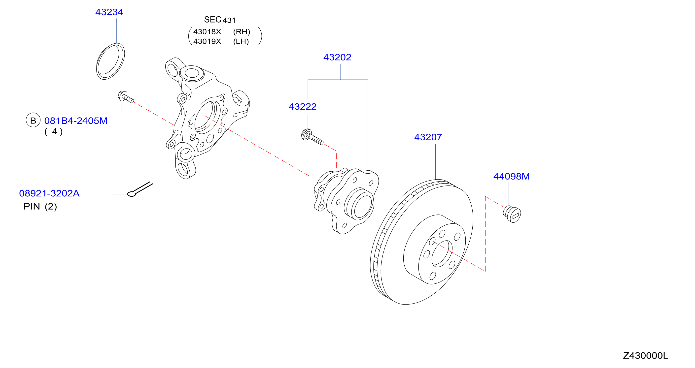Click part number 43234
pyautogui.click(x=109, y=12)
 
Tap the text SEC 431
pyautogui.click(x=220, y=20)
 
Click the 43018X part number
pyautogui.click(x=207, y=32)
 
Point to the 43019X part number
pyautogui.click(x=207, y=41)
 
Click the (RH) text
pyautogui.click(x=242, y=32)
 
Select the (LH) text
pyautogui.click(x=241, y=41)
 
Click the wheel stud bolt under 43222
pyautogui.click(x=312, y=137)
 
